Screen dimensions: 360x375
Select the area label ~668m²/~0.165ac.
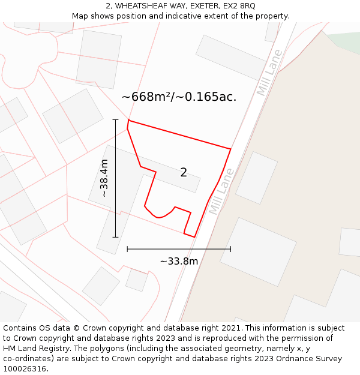(x=179, y=97)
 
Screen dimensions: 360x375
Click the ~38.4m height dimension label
(x=104, y=178)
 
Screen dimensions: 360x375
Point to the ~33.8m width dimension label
(x=179, y=261)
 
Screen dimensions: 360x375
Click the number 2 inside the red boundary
(x=184, y=173)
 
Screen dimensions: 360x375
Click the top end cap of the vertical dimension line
(x=115, y=119)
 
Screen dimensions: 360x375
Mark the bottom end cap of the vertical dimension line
(x=115, y=237)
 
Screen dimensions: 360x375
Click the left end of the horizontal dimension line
(x=127, y=248)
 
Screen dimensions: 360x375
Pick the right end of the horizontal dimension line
(x=230, y=248)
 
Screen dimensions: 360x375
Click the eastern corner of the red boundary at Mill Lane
(x=231, y=149)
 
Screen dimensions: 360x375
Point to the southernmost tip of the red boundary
(x=194, y=237)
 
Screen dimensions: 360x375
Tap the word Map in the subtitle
(x=80, y=16)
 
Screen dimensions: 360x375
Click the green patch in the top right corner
(x=345, y=41)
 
